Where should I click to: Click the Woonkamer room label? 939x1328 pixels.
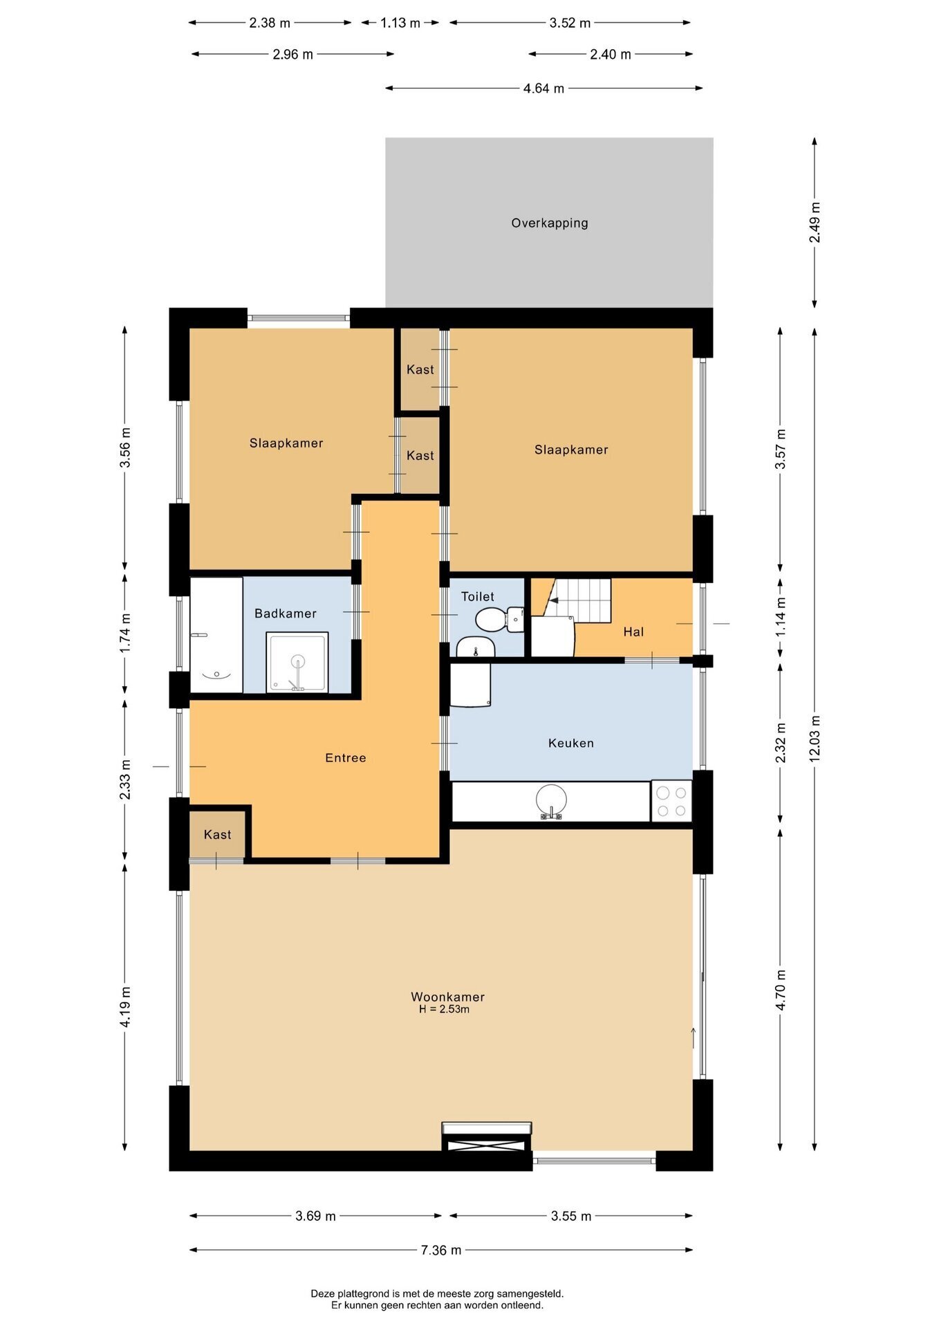pyautogui.click(x=447, y=997)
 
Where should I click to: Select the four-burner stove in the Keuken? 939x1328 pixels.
pyautogui.click(x=671, y=801)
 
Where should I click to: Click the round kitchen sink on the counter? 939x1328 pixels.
pyautogui.click(x=551, y=801)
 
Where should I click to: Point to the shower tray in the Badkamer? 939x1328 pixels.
pyautogui.click(x=297, y=662)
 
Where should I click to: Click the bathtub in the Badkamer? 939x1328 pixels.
pyautogui.click(x=216, y=635)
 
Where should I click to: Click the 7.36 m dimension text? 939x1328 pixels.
pyautogui.click(x=441, y=1250)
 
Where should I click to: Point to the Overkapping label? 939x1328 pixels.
pyautogui.click(x=550, y=223)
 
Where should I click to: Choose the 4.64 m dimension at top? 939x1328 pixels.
pyautogui.click(x=543, y=89)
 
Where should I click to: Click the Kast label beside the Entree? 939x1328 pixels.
pyautogui.click(x=217, y=835)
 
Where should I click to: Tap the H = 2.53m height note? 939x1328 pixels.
pyautogui.click(x=444, y=1009)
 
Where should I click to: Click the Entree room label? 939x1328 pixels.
pyautogui.click(x=346, y=758)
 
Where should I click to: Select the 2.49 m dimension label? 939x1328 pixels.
pyautogui.click(x=815, y=222)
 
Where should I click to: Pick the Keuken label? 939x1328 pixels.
pyautogui.click(x=571, y=744)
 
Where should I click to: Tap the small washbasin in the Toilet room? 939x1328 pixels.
pyautogui.click(x=476, y=647)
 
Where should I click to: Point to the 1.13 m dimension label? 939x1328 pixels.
pyautogui.click(x=400, y=23)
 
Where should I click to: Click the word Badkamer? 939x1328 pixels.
pyautogui.click(x=286, y=614)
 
